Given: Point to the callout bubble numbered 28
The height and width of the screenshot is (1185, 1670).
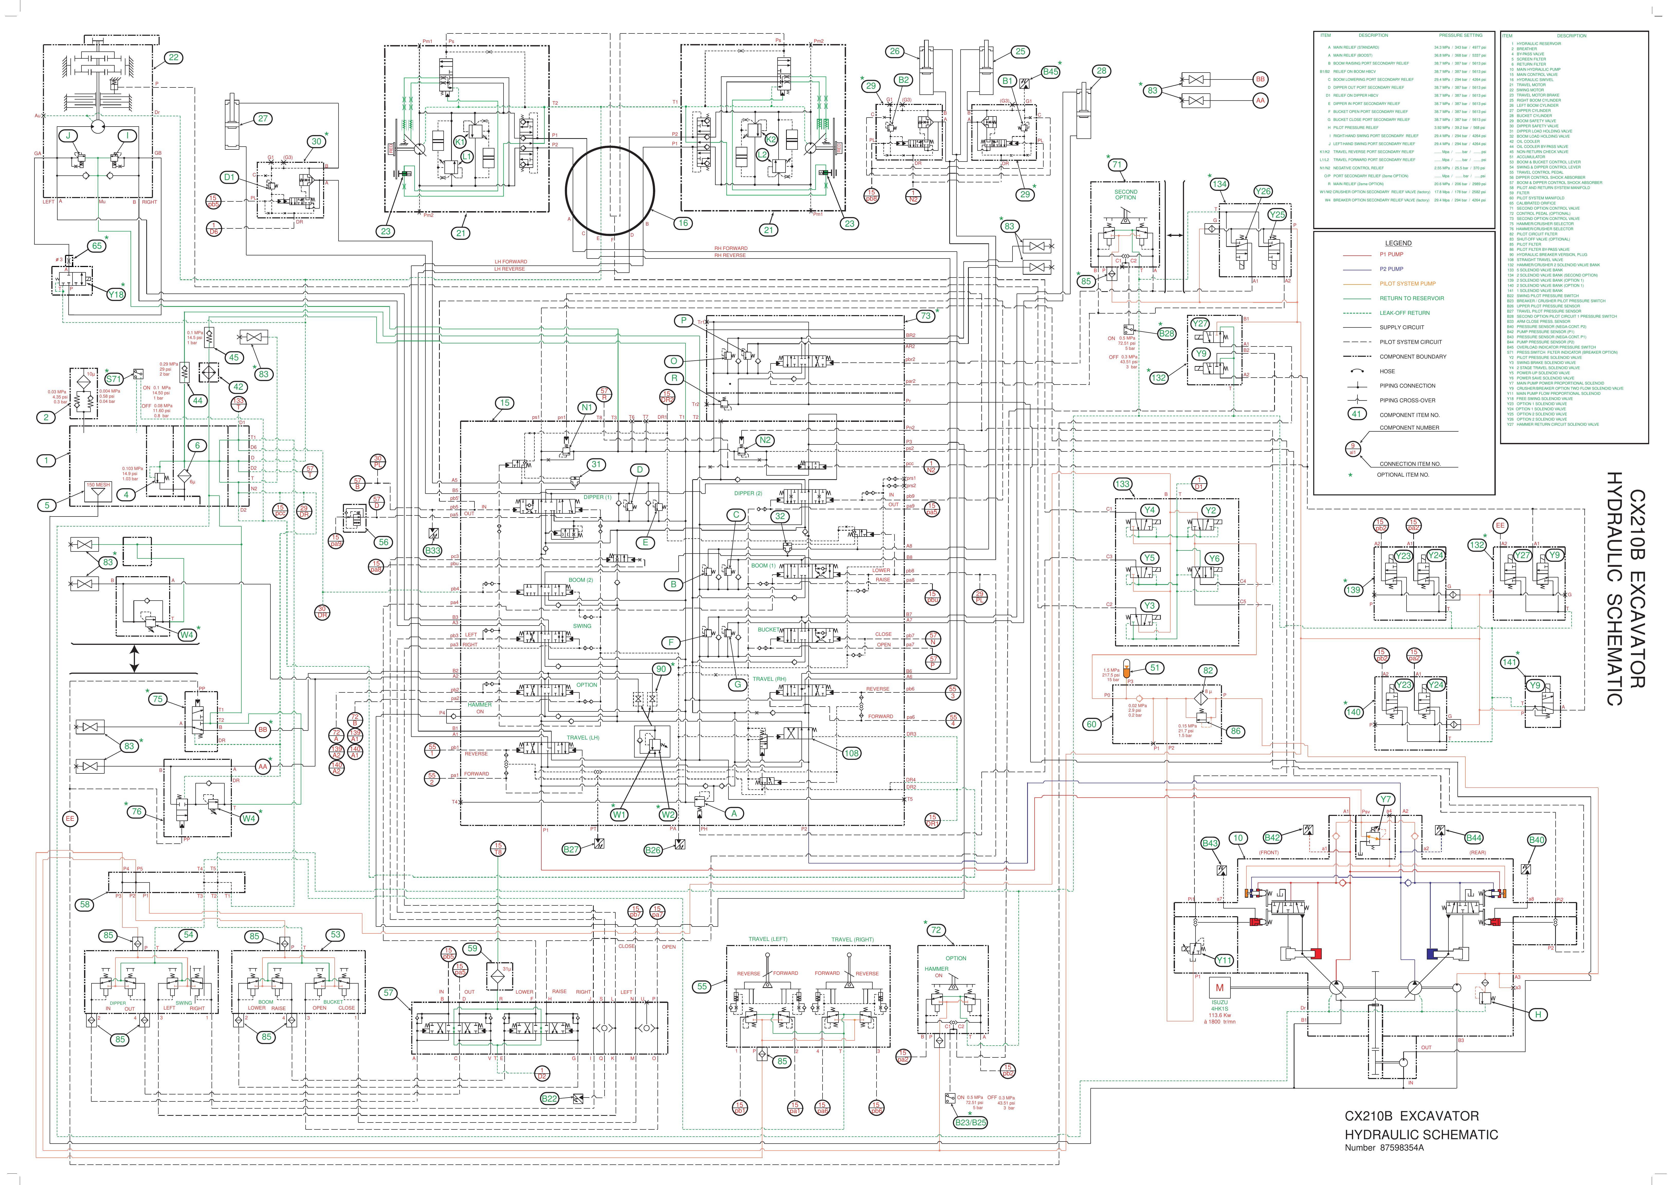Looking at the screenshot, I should [x=1101, y=71].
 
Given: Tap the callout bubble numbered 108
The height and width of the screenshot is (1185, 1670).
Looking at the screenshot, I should [x=851, y=753].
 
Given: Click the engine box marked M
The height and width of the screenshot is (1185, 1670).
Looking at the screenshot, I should [x=1219, y=988].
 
